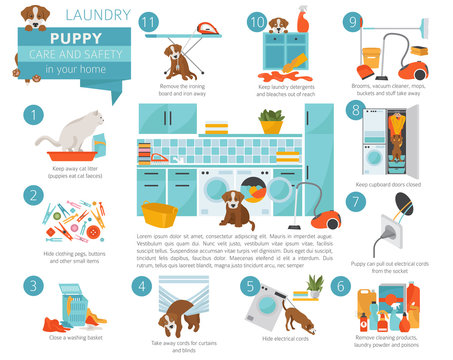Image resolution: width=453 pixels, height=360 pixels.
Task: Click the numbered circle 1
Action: (x=35, y=118)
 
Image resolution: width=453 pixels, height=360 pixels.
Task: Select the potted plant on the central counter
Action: (x=271, y=122)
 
